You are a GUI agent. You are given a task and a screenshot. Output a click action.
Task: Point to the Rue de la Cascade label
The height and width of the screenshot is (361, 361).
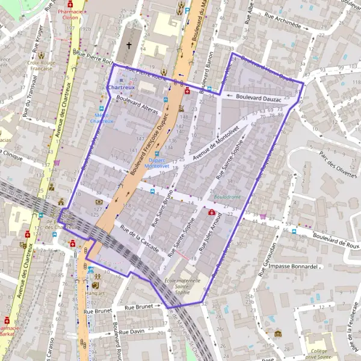139,239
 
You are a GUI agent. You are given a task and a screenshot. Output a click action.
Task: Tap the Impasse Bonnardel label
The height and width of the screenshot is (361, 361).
294,266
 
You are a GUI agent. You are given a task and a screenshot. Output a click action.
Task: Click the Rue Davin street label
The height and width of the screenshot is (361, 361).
132,332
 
